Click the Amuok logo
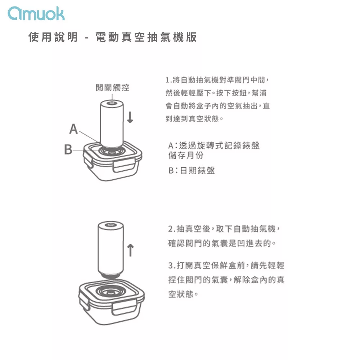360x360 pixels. pos(36,13)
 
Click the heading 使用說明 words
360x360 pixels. pos(53,37)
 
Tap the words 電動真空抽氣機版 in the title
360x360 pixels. pos(146,37)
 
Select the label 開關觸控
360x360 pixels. pos(112,87)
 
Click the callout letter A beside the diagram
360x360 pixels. pos(73,129)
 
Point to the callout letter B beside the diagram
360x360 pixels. pos(68,149)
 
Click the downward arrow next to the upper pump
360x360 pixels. pos(130,117)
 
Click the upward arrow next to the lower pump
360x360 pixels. pos(130,250)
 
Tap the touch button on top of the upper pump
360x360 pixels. pos(112,103)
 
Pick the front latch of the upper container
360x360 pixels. pos(123,166)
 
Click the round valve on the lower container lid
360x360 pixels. pos(111,292)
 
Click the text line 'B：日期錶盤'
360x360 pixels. pos(192,170)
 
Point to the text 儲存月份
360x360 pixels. pos(186,156)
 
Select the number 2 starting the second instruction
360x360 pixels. pos(170,229)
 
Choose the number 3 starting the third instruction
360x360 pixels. pos(170,266)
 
